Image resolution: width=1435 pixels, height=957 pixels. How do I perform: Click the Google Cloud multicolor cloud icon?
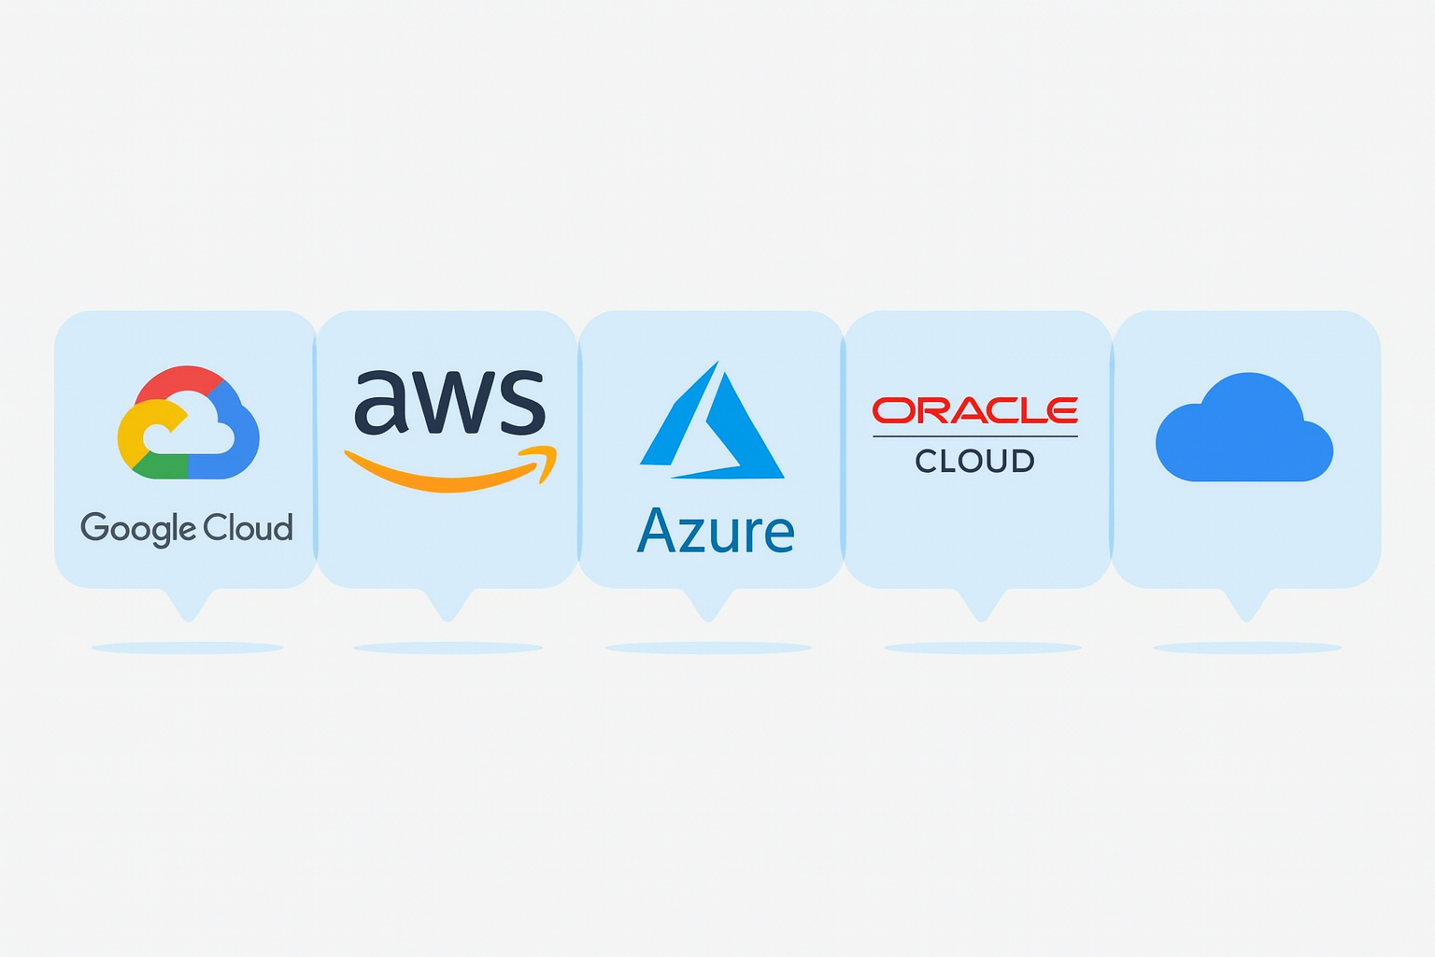coord(188,422)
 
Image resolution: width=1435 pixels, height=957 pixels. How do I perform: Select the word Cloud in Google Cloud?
coord(249,528)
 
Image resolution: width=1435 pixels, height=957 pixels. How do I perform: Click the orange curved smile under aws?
coord(439,476)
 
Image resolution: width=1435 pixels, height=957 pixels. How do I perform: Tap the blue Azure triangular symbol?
coord(712,425)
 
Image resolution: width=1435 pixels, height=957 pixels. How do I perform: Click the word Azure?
coord(716,532)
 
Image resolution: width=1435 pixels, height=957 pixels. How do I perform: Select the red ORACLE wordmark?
coord(974,410)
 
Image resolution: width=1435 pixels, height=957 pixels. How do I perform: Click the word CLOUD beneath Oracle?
coord(974,461)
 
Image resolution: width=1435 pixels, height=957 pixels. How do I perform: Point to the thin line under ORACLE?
coord(974,436)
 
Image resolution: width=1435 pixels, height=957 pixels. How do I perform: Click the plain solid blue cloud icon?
coord(1243,431)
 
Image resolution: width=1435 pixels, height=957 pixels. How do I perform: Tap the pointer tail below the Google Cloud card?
coord(189,605)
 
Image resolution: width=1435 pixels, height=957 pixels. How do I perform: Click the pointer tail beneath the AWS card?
coord(448,605)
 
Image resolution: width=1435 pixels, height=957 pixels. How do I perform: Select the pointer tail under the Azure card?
coord(709,605)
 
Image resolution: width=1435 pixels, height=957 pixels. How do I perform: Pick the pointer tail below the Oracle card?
coord(981,605)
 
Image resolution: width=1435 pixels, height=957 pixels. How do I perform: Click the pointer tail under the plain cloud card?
coord(1247,605)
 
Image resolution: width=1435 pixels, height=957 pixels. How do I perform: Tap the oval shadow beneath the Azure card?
coord(708,648)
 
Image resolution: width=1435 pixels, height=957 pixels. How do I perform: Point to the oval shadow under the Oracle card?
coord(982,648)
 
